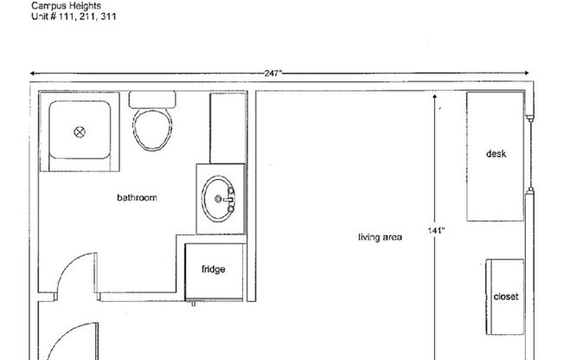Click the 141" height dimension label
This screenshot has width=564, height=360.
(x=436, y=230)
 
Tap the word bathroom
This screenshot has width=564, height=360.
(x=138, y=198)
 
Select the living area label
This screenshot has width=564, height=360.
(x=381, y=236)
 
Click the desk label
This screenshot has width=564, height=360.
(x=496, y=154)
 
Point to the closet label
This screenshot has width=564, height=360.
(x=505, y=297)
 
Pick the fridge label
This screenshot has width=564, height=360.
(x=214, y=269)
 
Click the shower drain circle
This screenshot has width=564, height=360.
(x=80, y=132)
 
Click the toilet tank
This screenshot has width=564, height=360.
(x=153, y=99)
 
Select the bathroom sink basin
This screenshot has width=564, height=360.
(x=217, y=199)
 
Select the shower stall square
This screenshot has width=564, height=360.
(x=78, y=132)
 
